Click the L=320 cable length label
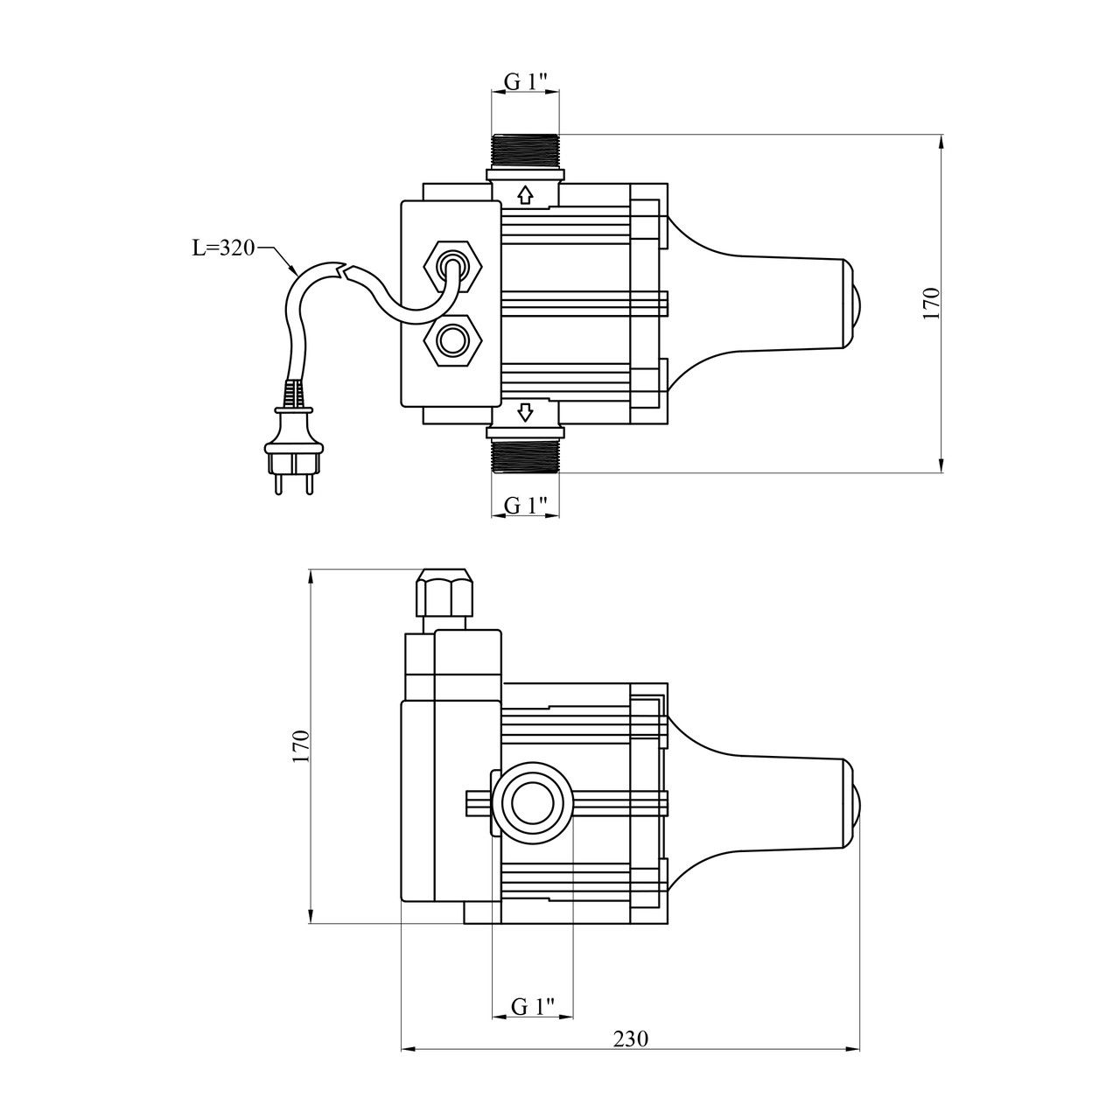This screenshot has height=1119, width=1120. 222,248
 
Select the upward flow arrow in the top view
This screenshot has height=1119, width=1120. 525,194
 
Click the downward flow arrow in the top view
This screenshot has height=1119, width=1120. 525,411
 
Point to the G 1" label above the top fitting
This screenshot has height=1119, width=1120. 526,81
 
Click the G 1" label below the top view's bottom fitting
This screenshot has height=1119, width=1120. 526,505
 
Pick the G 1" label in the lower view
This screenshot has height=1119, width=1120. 533,1006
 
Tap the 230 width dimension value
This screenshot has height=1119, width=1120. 629,1039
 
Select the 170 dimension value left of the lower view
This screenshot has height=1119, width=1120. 301,746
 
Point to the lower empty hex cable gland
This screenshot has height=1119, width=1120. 452,339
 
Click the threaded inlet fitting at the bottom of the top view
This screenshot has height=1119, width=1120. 525,455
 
